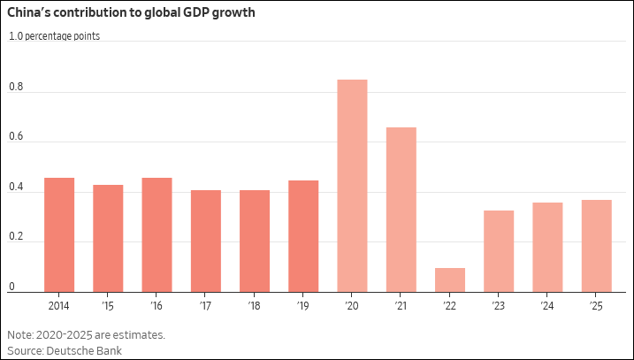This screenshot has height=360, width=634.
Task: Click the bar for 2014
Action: pos(59,234)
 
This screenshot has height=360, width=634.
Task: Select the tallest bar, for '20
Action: pos(352,186)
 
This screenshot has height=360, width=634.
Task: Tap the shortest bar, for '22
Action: pos(450,280)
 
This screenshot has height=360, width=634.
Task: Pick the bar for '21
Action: pos(401,210)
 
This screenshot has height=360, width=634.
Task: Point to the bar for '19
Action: pos(303,236)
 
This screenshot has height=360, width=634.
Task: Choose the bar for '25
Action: pos(596,246)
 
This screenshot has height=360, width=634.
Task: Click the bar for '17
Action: pos(206,241)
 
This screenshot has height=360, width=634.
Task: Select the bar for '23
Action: pos(499,251)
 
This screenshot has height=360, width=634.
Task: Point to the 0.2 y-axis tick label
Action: pos(16,236)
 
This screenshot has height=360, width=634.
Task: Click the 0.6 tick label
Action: pos(16,137)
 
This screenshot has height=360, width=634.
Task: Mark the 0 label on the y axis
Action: pos(12,286)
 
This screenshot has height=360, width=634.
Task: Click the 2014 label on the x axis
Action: pos(59,305)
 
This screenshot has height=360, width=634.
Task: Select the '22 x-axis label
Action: pos(450,305)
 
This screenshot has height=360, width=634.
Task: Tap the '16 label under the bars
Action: pos(157,305)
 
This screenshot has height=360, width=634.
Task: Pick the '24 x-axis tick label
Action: pos(547,305)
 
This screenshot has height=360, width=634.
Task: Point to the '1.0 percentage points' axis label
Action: pos(54,36)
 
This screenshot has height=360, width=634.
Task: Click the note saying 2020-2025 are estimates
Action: pos(86,335)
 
